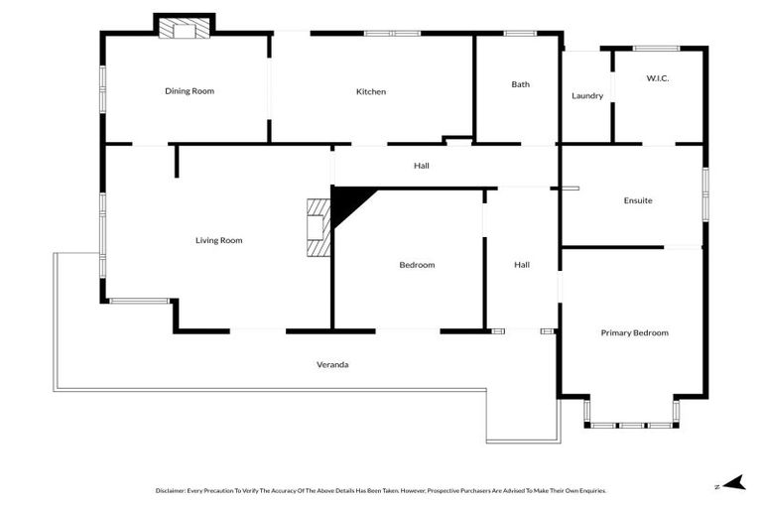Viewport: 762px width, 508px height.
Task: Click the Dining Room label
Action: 190,91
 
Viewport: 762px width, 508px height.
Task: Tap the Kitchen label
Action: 371,92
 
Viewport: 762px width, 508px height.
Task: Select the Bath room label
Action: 521,84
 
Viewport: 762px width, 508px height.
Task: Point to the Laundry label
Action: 587,96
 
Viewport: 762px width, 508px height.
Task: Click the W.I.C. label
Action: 658,77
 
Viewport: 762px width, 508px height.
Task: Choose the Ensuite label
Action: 638,200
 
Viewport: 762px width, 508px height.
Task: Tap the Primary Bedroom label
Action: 635,333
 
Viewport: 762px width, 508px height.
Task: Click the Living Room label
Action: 218,240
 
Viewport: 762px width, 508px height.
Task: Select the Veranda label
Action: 332,365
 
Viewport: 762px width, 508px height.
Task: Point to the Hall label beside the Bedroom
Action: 522,265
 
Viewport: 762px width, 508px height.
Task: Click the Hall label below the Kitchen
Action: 421,166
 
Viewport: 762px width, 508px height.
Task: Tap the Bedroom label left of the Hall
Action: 417,265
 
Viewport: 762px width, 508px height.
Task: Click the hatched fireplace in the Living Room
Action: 317,227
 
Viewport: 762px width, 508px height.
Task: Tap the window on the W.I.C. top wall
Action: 656,48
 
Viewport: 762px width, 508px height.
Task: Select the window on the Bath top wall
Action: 520,34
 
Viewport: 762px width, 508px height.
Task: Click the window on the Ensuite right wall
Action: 705,193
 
